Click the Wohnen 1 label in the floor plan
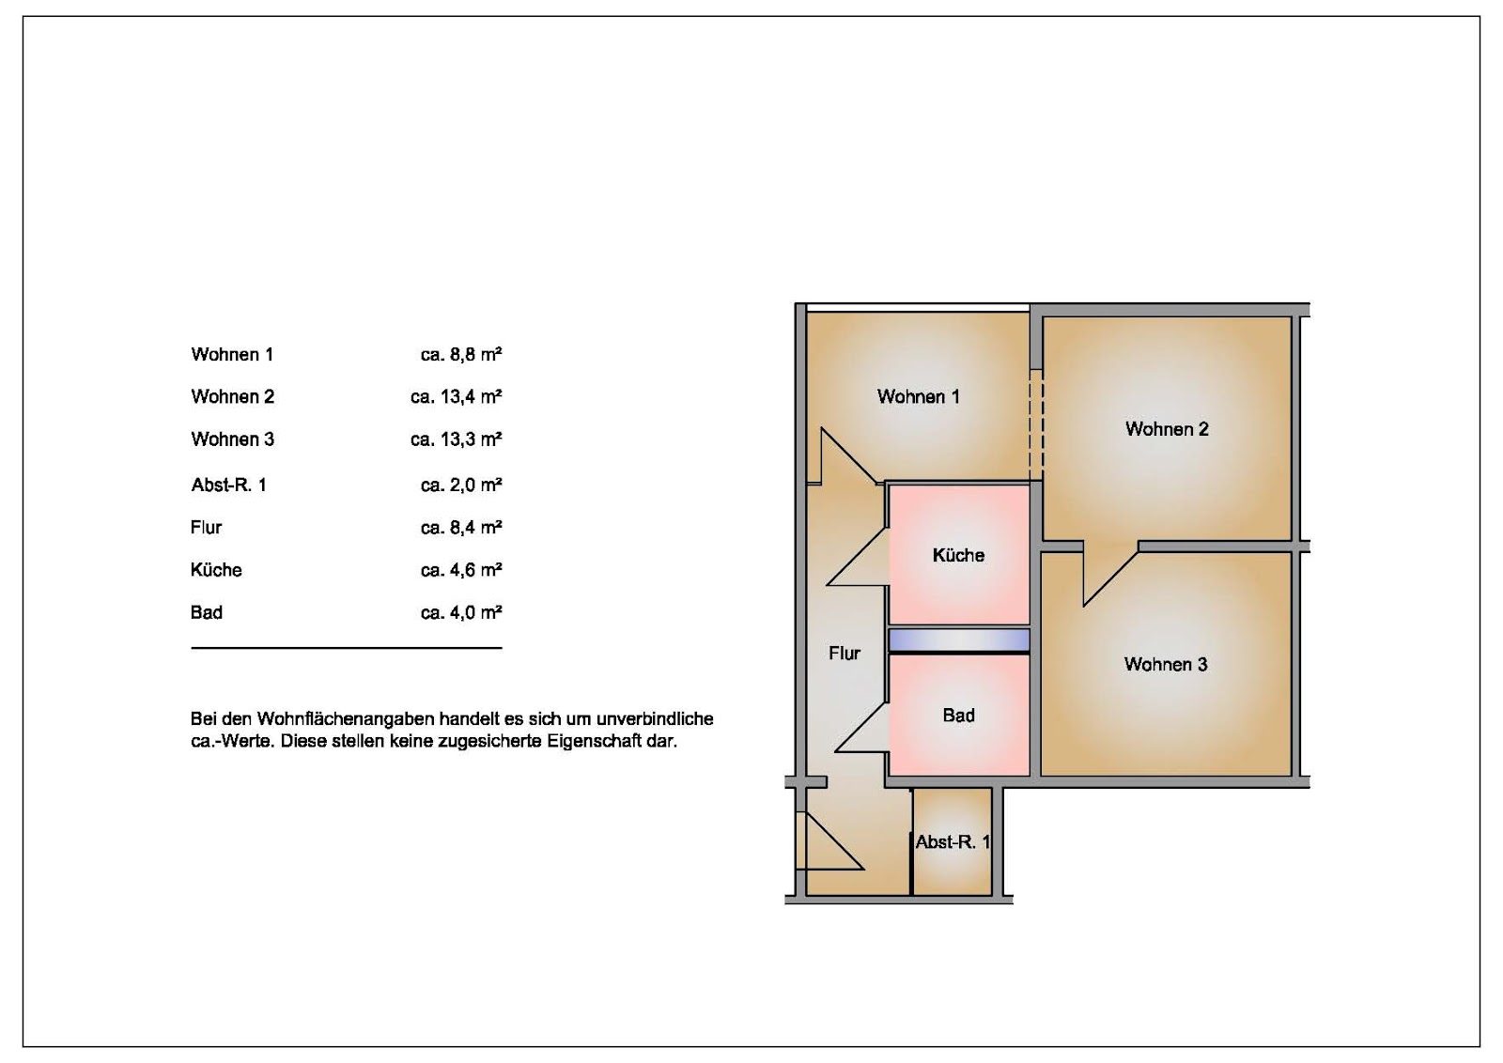(x=918, y=396)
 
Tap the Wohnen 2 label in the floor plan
(x=1167, y=428)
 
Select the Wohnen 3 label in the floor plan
(x=1166, y=664)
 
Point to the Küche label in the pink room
(x=958, y=555)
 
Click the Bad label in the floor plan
(x=958, y=715)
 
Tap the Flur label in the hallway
(x=844, y=653)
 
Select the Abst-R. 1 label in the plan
(x=953, y=841)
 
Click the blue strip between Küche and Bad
(x=959, y=640)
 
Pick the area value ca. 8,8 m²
(x=461, y=354)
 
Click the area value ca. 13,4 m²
(x=457, y=396)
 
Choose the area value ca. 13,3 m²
(x=457, y=439)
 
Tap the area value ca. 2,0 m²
(x=461, y=485)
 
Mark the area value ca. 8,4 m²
(x=461, y=527)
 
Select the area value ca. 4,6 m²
(x=461, y=569)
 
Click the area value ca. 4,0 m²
(x=461, y=612)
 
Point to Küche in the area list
(x=216, y=569)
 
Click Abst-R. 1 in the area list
(x=229, y=485)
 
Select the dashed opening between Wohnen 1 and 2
(x=1036, y=424)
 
